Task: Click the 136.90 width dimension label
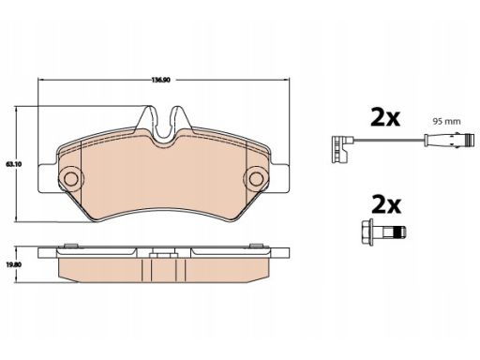pyautogui.click(x=160, y=80)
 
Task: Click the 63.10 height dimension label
pyautogui.click(x=13, y=164)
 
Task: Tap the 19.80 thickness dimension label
pyautogui.click(x=13, y=264)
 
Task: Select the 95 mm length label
pyautogui.click(x=446, y=121)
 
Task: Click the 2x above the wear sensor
pyautogui.click(x=385, y=117)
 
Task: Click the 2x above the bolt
pyautogui.click(x=386, y=204)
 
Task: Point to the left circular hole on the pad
pyautogui.click(x=70, y=178)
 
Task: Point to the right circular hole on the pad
pyautogui.click(x=256, y=178)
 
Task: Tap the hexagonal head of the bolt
pyautogui.click(x=367, y=232)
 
